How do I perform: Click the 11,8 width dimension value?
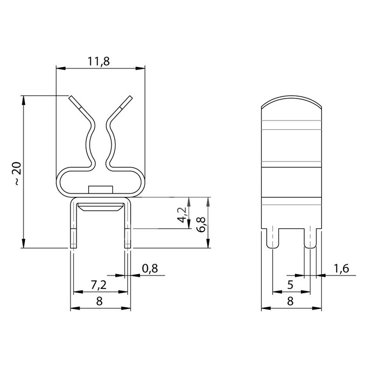pyautogui.click(x=98, y=62)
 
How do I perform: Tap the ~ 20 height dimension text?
pyautogui.click(x=17, y=173)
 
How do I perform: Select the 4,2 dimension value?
pyautogui.click(x=182, y=215)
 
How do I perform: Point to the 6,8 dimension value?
pyautogui.click(x=201, y=224)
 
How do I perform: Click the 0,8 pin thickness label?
pyautogui.click(x=150, y=268)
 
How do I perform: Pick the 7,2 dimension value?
pyautogui.click(x=98, y=285)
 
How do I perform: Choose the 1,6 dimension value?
pyautogui.click(x=341, y=268)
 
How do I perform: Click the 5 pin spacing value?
pyautogui.click(x=290, y=285)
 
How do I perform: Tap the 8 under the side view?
pyautogui.click(x=290, y=301)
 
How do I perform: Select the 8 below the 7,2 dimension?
pyautogui.click(x=99, y=301)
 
